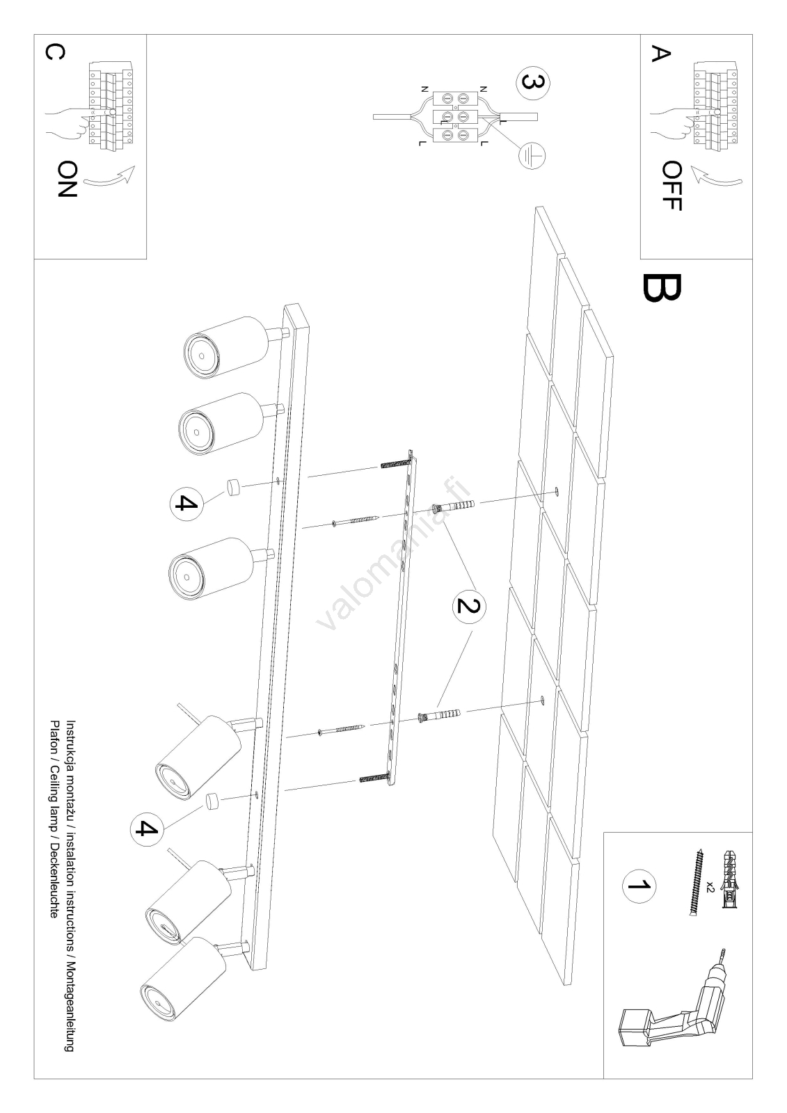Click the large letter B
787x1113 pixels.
click(662, 289)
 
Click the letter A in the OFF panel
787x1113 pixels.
click(659, 54)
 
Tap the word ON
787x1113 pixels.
click(67, 179)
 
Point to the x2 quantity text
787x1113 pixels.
click(710, 886)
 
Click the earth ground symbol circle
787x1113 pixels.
click(531, 155)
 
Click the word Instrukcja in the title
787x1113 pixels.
click(70, 744)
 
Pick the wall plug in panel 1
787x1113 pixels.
click(730, 872)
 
